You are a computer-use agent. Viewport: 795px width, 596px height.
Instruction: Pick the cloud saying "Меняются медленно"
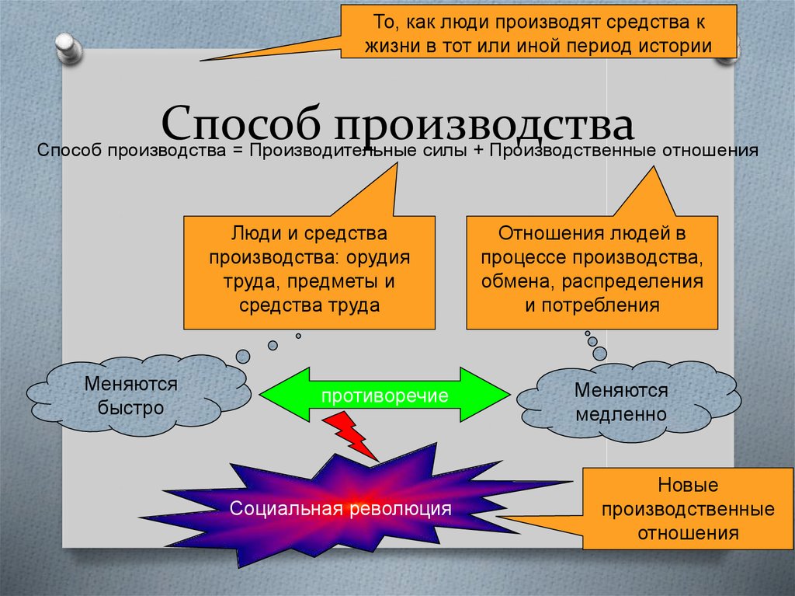click(x=620, y=402)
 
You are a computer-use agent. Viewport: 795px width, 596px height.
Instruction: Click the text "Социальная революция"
click(x=340, y=509)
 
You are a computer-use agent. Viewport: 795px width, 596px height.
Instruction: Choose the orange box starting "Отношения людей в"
click(x=592, y=272)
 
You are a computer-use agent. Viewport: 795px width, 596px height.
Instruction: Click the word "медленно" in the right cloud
click(x=620, y=414)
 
